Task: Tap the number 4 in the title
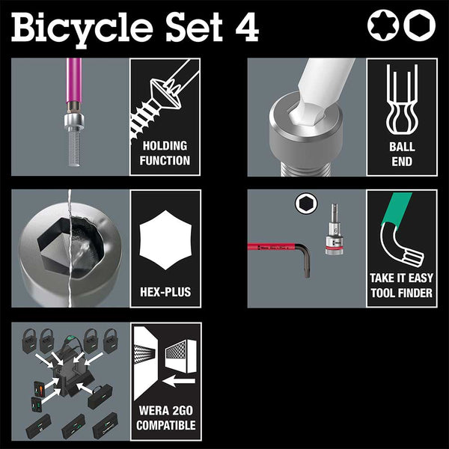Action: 245,28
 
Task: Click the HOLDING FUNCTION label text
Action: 165,153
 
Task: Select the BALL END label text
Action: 402,153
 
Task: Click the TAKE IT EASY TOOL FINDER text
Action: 402,285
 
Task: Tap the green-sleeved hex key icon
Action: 404,232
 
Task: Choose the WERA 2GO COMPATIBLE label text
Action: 165,418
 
